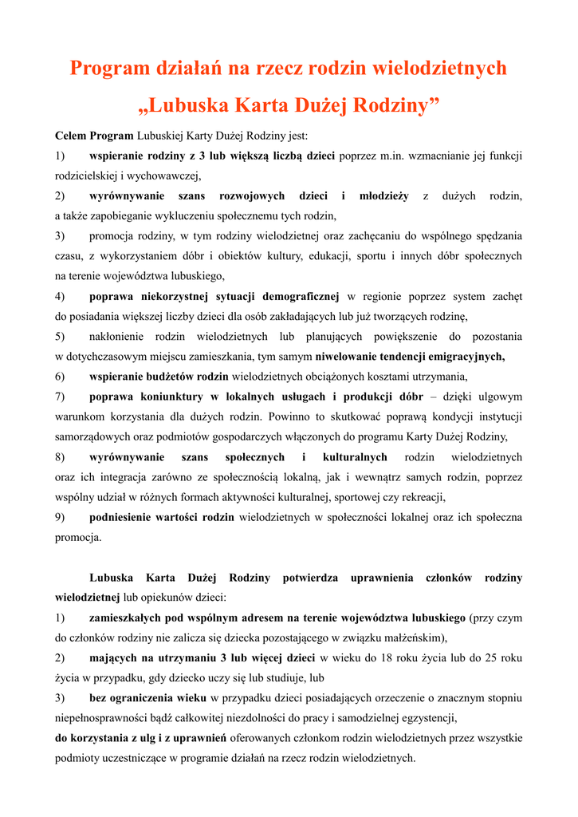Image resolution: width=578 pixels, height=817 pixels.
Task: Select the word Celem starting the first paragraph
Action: pyautogui.click(x=71, y=136)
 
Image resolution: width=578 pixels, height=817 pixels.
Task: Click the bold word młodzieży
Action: pyautogui.click(x=383, y=195)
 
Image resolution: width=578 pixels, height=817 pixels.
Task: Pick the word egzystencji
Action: pyautogui.click(x=423, y=718)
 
